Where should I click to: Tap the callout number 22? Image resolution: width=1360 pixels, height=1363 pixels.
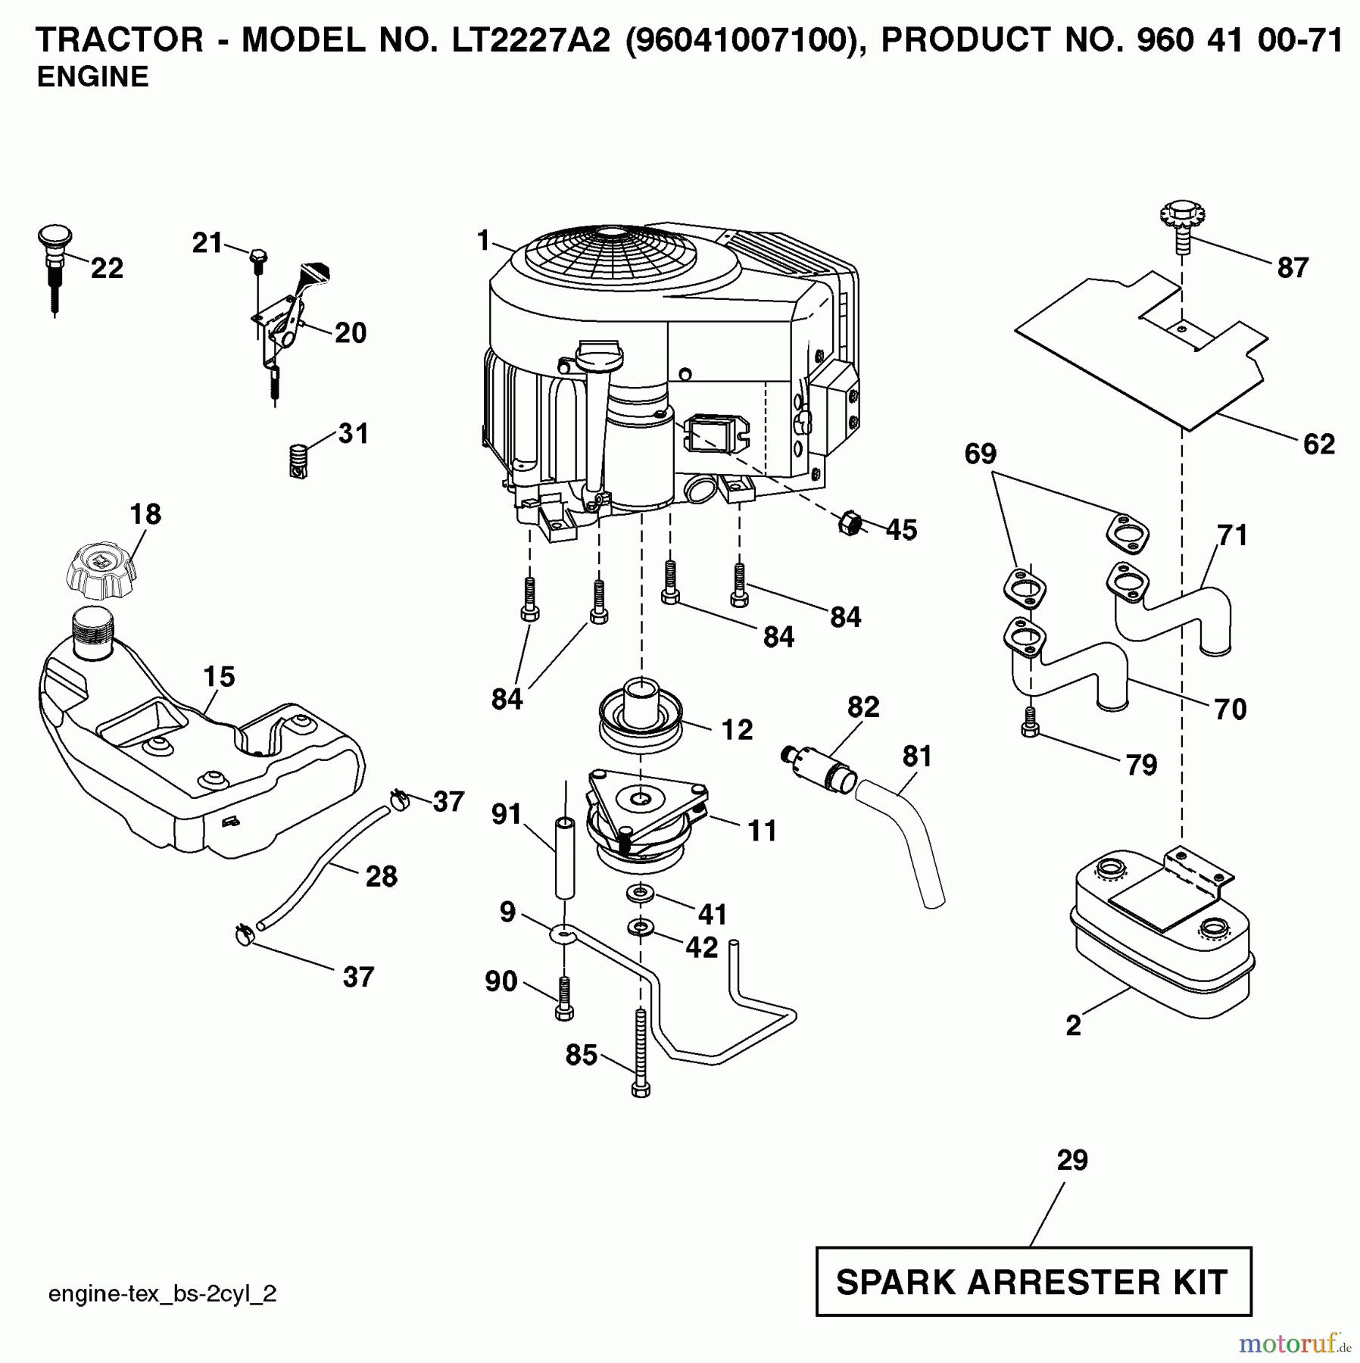coord(107,268)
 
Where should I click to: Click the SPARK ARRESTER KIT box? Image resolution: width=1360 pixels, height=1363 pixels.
coord(1033,1281)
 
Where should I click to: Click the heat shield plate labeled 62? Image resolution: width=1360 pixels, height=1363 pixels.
coord(1136,356)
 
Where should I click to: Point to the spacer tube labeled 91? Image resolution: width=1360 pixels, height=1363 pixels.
coord(565,858)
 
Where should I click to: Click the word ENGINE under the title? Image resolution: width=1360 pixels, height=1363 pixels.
coord(92,77)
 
